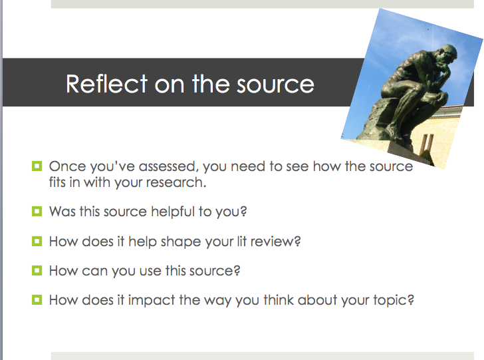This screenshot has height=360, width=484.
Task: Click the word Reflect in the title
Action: (x=107, y=83)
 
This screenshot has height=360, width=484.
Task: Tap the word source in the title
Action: (x=275, y=85)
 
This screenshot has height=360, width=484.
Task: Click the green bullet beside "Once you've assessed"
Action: (x=37, y=166)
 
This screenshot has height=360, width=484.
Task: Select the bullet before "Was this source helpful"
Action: (x=37, y=212)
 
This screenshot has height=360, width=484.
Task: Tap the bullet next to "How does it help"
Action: (x=37, y=241)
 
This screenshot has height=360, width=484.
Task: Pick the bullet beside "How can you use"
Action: (x=37, y=270)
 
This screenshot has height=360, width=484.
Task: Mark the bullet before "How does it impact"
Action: (x=37, y=299)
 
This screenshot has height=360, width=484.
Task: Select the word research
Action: (x=176, y=182)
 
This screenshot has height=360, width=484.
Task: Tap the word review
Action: (x=275, y=242)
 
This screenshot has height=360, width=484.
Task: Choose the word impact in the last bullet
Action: (x=152, y=301)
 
